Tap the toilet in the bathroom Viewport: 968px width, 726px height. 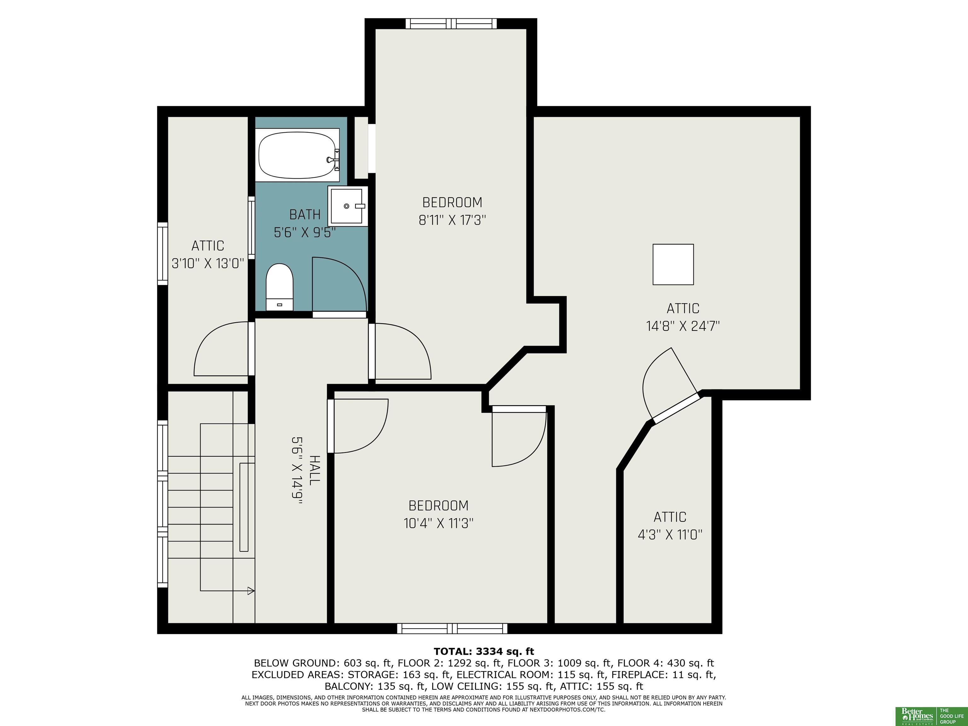[279, 287]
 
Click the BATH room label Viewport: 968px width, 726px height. [305, 215]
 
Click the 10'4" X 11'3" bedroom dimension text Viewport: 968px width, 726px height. [439, 523]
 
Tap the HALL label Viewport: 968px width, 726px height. [314, 470]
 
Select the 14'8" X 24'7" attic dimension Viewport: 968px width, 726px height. [683, 326]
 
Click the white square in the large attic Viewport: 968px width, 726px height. [673, 264]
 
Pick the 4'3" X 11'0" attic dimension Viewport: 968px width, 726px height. [670, 535]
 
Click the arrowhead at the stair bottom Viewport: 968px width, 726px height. [251, 591]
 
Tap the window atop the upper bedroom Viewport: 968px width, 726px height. [451, 24]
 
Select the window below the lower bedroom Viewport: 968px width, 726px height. [452, 628]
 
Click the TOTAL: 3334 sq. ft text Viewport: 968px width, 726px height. [484, 652]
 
